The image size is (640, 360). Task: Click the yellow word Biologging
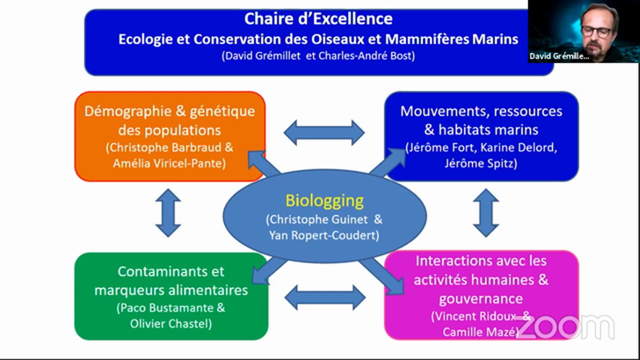point(324,201)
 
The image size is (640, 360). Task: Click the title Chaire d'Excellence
point(318,19)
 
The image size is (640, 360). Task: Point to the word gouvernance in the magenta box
point(481,299)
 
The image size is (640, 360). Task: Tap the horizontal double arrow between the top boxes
point(324,133)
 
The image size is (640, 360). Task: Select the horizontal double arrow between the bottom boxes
point(325,297)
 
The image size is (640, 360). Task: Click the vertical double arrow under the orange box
point(168,213)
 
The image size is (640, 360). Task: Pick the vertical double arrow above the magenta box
point(486,213)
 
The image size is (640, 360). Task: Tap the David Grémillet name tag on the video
point(559,56)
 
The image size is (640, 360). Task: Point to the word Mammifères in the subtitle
point(427,39)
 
